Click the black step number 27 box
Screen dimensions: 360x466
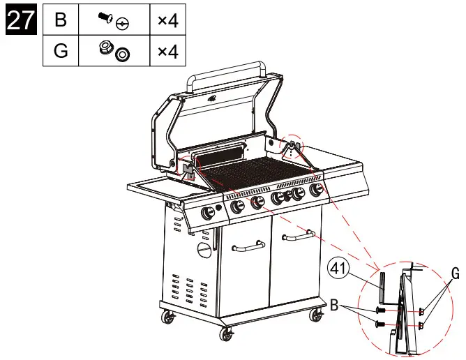pyautogui.click(x=20, y=20)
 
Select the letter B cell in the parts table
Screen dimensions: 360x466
pyautogui.click(x=61, y=20)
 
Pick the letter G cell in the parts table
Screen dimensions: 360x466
pyautogui.click(x=61, y=52)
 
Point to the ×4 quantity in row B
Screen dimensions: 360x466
pyautogui.click(x=167, y=20)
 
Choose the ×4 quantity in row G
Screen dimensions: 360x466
pyautogui.click(x=167, y=52)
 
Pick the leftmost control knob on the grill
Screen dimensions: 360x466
pyautogui.click(x=207, y=213)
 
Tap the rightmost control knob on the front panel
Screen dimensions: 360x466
pyautogui.click(x=316, y=189)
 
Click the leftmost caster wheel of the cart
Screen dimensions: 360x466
pyautogui.click(x=168, y=319)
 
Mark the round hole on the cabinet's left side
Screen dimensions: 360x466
pyautogui.click(x=202, y=250)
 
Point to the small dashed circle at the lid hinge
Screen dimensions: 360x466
pyautogui.click(x=292, y=145)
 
